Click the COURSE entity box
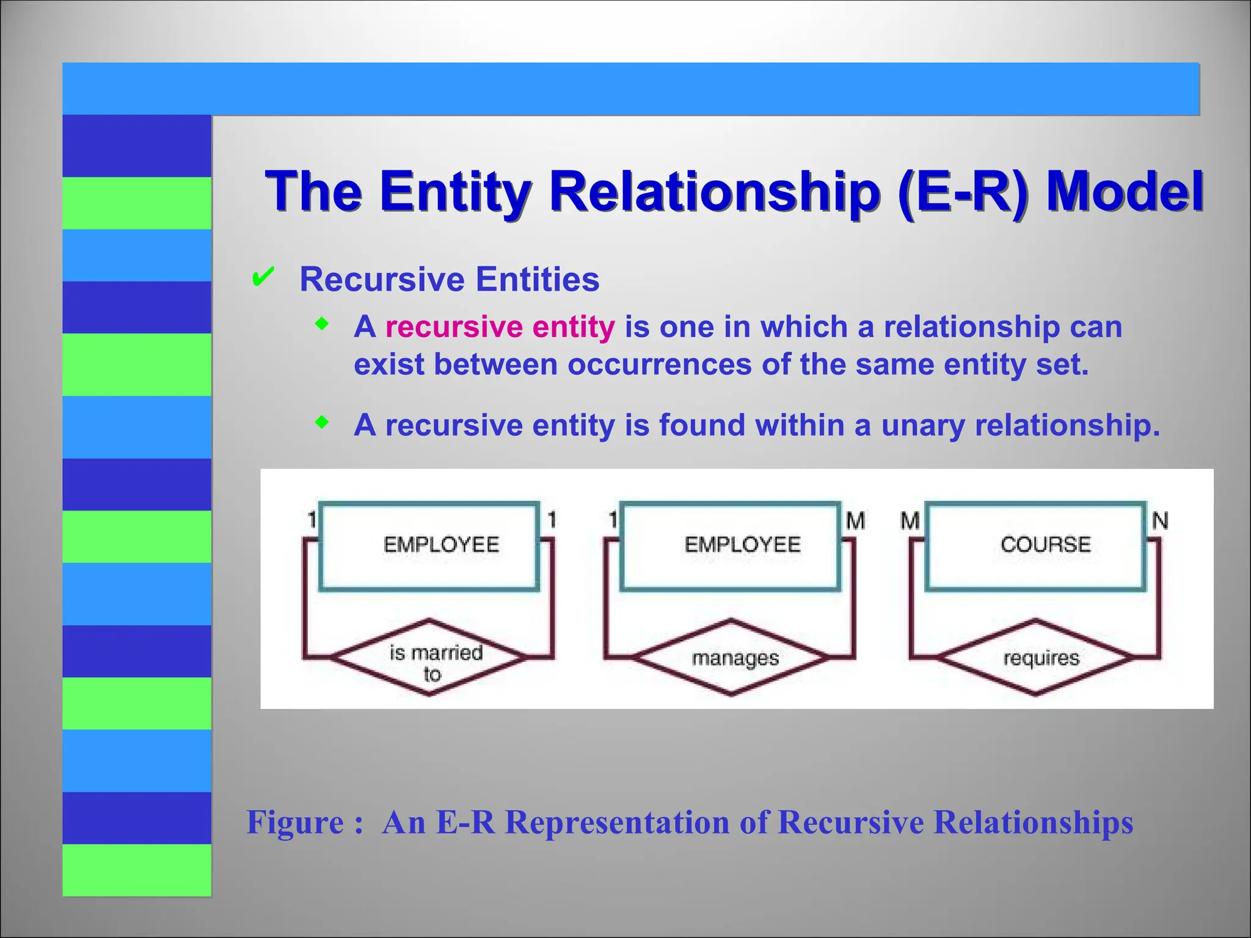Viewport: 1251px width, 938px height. (1035, 545)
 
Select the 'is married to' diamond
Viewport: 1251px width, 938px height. (429, 658)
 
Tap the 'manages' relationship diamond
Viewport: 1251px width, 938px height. (731, 658)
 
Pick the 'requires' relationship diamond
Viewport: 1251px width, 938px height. (1035, 658)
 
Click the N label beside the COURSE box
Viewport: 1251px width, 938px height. (1160, 521)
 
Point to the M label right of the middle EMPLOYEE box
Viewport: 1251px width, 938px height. (856, 521)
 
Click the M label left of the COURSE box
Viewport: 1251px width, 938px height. (910, 521)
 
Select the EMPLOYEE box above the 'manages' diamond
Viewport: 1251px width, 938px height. (731, 545)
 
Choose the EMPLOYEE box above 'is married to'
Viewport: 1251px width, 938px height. (429, 545)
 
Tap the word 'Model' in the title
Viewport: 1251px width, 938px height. (1124, 191)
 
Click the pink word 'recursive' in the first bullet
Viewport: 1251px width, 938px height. (454, 327)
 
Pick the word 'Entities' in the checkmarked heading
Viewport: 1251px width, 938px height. (538, 280)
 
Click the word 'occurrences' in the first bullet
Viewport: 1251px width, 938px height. (659, 365)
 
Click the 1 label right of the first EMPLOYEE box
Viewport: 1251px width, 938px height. (552, 520)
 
